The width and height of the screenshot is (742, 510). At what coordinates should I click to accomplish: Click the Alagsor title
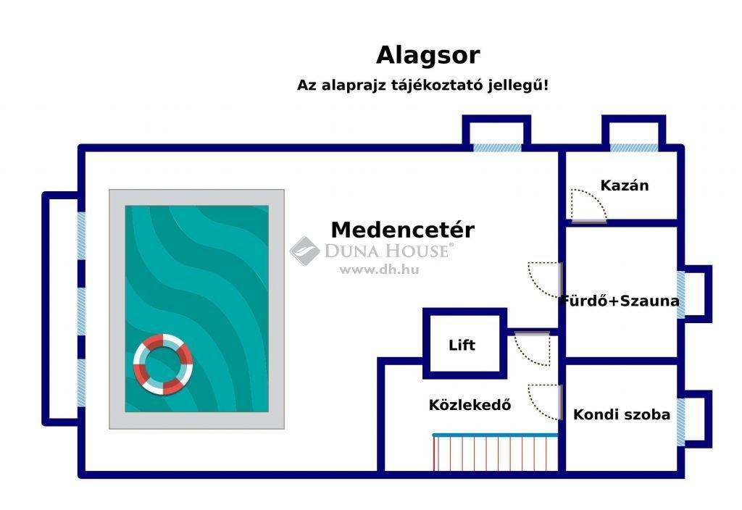coord(428,56)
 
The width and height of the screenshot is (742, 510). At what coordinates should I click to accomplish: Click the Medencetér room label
coord(402,230)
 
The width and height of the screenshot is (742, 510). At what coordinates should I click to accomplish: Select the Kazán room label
coord(624,185)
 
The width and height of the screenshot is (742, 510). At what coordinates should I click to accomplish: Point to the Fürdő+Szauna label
coord(620,301)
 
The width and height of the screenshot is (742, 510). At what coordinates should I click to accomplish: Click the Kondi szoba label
coord(621,414)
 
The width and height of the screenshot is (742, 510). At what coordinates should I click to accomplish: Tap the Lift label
coord(462,345)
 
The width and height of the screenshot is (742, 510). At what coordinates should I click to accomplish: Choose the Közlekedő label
coord(470,405)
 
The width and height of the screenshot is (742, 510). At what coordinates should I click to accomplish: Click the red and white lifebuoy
coord(163,364)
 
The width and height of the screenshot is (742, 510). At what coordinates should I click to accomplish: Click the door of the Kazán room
coord(588,206)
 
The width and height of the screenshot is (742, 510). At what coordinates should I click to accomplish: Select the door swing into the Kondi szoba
coord(545,402)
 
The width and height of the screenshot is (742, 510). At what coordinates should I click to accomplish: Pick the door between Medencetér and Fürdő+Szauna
coord(545,280)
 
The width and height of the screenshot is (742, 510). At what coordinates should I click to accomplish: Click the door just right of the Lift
coord(533,348)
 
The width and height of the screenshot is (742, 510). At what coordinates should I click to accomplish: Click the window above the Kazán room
coord(633,148)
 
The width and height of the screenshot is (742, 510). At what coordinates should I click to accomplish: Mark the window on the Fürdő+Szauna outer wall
coord(681,295)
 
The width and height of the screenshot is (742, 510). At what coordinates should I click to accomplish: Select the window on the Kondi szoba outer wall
coord(681,422)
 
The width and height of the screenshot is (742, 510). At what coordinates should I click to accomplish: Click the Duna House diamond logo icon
coord(305,251)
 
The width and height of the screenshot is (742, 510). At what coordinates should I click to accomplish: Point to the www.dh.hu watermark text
coord(380,270)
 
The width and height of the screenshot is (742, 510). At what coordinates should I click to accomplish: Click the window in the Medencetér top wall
coord(497,148)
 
